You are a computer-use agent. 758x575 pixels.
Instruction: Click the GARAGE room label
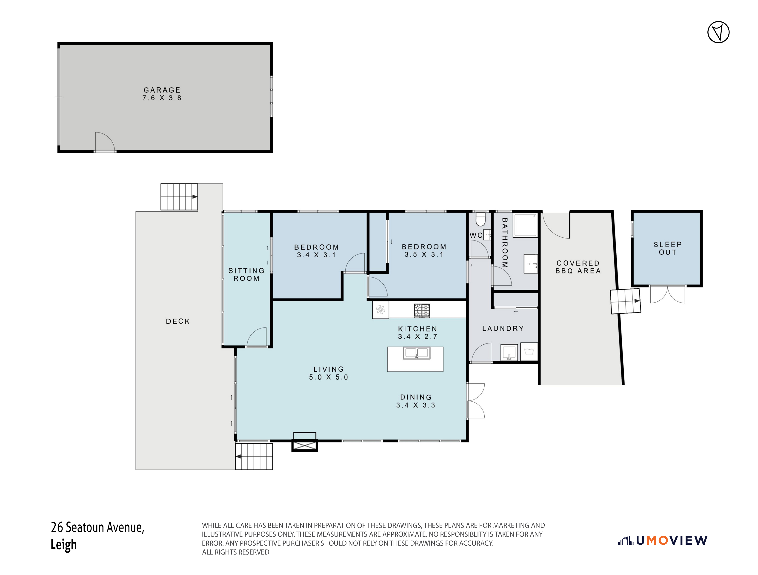tap(162, 90)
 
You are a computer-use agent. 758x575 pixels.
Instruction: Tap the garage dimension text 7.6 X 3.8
tap(162, 98)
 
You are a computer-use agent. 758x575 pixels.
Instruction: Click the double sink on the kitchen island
tap(416, 353)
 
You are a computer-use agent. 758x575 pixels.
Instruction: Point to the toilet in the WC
tap(481, 219)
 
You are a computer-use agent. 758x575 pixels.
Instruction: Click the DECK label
tap(178, 321)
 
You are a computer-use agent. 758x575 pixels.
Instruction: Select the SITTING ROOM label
tap(246, 275)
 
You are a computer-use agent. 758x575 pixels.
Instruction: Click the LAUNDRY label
tap(503, 328)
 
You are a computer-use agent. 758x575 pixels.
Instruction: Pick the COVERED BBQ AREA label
tap(578, 267)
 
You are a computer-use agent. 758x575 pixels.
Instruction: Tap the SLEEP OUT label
tap(668, 248)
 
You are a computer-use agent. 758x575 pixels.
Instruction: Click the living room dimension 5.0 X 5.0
tap(328, 377)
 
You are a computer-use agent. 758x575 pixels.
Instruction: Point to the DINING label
tap(416, 397)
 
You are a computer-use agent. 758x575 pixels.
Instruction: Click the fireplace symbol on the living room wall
tap(304, 442)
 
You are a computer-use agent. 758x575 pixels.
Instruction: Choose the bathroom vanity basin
tap(530, 264)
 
